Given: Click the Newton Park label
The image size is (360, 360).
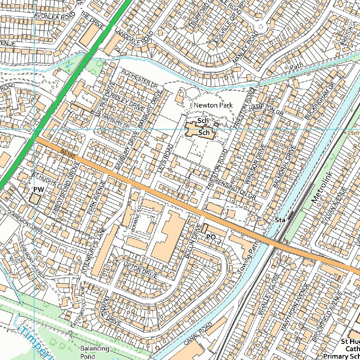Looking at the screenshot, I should [x=213, y=105].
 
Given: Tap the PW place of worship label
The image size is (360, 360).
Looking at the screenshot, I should [x=39, y=190].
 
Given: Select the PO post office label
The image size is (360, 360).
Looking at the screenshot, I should [x=211, y=237].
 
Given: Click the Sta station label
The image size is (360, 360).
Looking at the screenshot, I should [x=280, y=220].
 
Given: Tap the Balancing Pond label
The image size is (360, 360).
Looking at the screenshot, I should [x=95, y=352].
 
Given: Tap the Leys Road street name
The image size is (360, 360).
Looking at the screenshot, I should [x=166, y=158].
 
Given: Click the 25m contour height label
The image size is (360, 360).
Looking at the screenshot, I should [x=353, y=133].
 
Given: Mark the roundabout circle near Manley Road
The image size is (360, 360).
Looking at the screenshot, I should [x=260, y=27].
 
